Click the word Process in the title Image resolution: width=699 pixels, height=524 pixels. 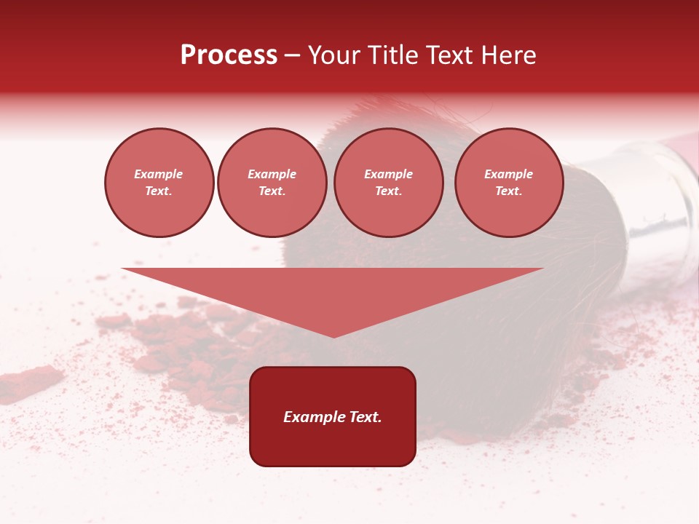tap(229, 55)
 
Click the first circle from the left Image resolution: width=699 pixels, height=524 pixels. tap(159, 183)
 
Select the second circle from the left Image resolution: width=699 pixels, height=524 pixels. tap(272, 183)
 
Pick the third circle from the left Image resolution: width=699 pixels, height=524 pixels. tap(389, 183)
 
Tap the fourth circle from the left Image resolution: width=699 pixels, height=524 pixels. tap(509, 183)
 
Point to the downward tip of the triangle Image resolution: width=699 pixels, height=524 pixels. tap(333, 336)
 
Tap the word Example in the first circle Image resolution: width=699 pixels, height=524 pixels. tap(159, 175)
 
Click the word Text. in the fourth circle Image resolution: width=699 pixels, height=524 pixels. tap(509, 191)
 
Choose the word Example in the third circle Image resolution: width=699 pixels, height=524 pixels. tap(389, 175)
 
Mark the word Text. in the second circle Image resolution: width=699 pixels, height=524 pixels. tap(272, 191)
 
